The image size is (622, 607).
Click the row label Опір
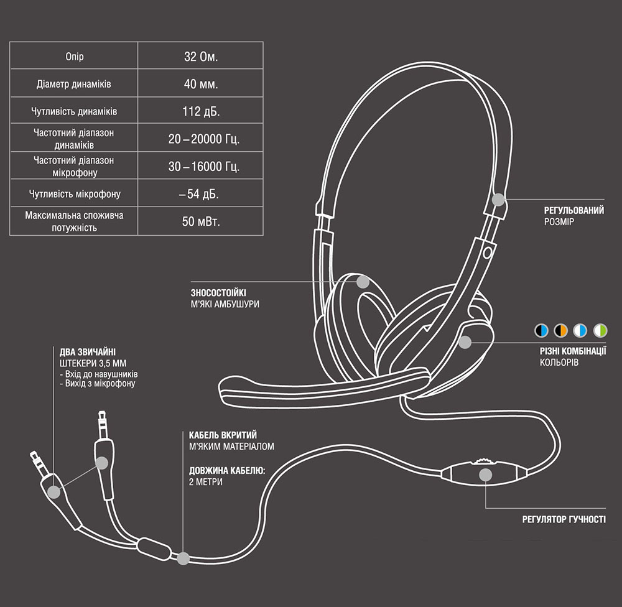coord(74,57)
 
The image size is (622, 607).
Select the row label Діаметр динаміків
coord(74,84)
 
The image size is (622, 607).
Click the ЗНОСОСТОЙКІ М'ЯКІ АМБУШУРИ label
coord(225,298)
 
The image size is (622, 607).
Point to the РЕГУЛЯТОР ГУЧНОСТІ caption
coord(564,519)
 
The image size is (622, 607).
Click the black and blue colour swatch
coord(541,330)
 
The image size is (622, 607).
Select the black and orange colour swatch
coord(560,330)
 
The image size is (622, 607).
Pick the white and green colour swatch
coord(600,330)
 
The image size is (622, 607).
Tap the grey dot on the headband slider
coord(498,200)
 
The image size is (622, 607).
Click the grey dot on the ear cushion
coord(363,281)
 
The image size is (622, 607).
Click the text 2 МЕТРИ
coord(205,482)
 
